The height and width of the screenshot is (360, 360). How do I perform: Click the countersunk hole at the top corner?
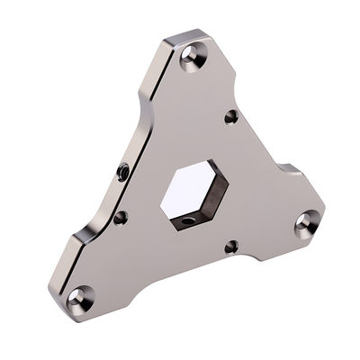pos(191,58)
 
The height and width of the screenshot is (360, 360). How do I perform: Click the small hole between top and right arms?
pos(231,116)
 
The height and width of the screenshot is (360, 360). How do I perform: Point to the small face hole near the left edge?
pos(120,217)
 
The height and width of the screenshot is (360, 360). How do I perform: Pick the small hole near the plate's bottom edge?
pos(230,246)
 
